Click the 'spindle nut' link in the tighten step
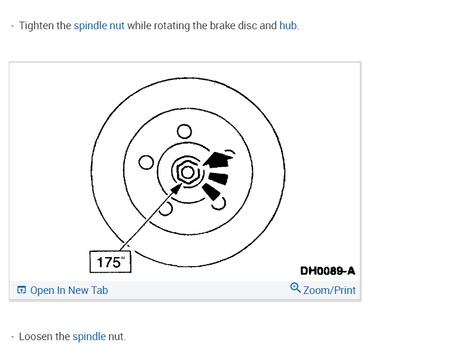pyautogui.click(x=99, y=26)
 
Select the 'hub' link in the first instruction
pyautogui.click(x=288, y=26)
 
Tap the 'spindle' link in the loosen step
pyautogui.click(x=89, y=337)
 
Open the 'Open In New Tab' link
pyautogui.click(x=69, y=290)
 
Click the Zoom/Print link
pyautogui.click(x=329, y=290)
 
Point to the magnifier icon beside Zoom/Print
pyautogui.click(x=296, y=288)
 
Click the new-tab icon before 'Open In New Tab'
pyautogui.click(x=22, y=290)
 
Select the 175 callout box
pyautogui.click(x=110, y=262)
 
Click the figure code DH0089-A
pyautogui.click(x=327, y=271)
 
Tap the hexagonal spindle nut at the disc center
pyautogui.click(x=187, y=172)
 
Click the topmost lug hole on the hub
pyautogui.click(x=184, y=131)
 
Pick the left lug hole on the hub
pyautogui.click(x=146, y=161)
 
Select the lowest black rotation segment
pyautogui.click(x=211, y=192)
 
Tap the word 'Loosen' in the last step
pyautogui.click(x=37, y=337)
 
